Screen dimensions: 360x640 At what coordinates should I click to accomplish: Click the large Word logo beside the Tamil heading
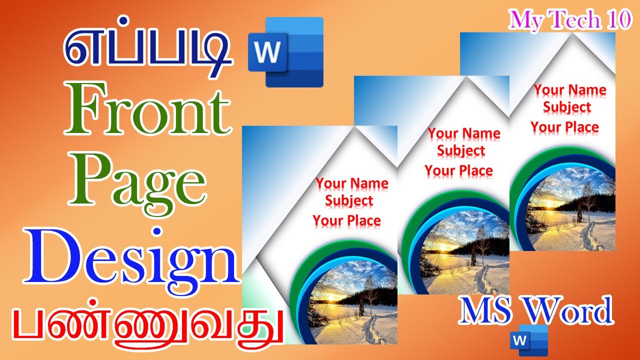point(285,52)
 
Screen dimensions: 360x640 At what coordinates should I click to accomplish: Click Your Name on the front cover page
point(352,183)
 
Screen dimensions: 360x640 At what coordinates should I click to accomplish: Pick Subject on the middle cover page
point(461,150)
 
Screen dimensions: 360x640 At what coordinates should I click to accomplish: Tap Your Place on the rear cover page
point(564,127)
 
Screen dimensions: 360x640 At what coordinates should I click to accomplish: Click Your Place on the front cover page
point(346,220)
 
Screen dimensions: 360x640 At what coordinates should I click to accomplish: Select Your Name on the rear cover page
point(569,90)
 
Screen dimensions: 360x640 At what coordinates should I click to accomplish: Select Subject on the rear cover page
point(567,107)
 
